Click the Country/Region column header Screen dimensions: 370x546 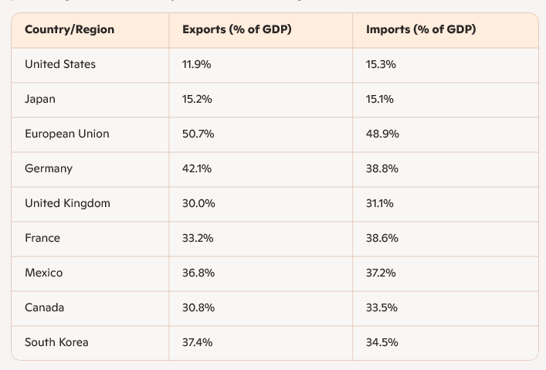pos(70,30)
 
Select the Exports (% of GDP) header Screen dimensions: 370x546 pos(236,30)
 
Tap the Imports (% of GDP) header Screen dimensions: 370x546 pos(421,30)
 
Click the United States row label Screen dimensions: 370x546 pos(60,65)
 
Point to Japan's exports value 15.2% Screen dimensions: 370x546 pos(197,100)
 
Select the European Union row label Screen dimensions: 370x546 pos(67,134)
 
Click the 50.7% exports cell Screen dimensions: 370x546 pos(198,134)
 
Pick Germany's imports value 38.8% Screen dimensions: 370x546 pos(382,169)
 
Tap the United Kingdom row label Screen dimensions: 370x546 pos(67,204)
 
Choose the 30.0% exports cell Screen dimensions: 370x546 pos(198,204)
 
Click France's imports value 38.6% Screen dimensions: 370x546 pos(382,239)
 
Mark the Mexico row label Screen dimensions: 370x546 pos(44,273)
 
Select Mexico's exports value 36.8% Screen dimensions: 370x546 pos(198,273)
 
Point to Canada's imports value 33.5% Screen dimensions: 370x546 pos(382,308)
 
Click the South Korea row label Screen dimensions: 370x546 pos(56,343)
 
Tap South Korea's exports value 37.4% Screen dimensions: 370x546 pos(198,343)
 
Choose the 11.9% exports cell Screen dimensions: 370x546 pos(196,65)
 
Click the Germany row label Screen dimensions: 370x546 pos(49,169)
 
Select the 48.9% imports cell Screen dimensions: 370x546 pos(382,134)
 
